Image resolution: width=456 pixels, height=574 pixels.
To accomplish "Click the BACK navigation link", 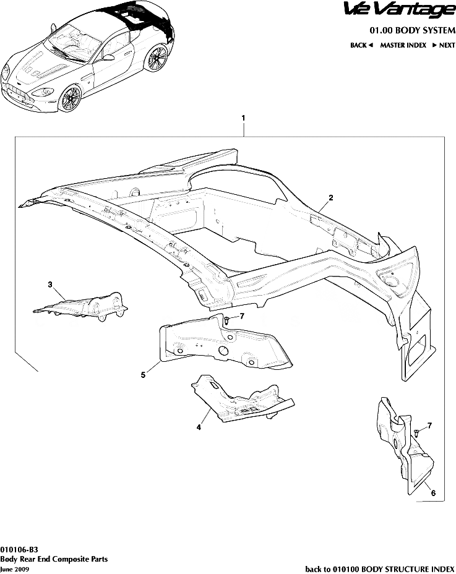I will click(x=361, y=46).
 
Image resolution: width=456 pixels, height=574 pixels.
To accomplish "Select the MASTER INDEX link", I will click(x=403, y=46).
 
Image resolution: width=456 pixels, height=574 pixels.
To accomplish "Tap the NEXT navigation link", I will click(x=444, y=46).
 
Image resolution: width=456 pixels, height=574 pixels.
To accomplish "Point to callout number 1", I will click(x=244, y=118).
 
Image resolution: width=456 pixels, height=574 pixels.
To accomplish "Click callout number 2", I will click(x=331, y=198).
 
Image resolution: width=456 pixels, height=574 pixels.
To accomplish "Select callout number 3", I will click(x=50, y=285).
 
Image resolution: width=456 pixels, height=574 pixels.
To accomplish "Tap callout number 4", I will click(x=199, y=427).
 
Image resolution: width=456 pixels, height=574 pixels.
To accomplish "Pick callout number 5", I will click(x=143, y=375).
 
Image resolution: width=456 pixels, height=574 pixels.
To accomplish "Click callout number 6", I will click(x=433, y=493).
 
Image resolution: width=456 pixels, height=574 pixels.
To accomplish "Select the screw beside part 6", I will click(x=418, y=432).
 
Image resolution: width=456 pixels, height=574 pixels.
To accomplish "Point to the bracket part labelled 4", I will click(x=238, y=402).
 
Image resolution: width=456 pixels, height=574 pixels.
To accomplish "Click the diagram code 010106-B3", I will click(x=20, y=549).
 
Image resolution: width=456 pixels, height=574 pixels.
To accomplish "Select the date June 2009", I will click(x=14, y=568).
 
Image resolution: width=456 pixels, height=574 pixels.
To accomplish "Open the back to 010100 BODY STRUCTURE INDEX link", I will click(x=380, y=568).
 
